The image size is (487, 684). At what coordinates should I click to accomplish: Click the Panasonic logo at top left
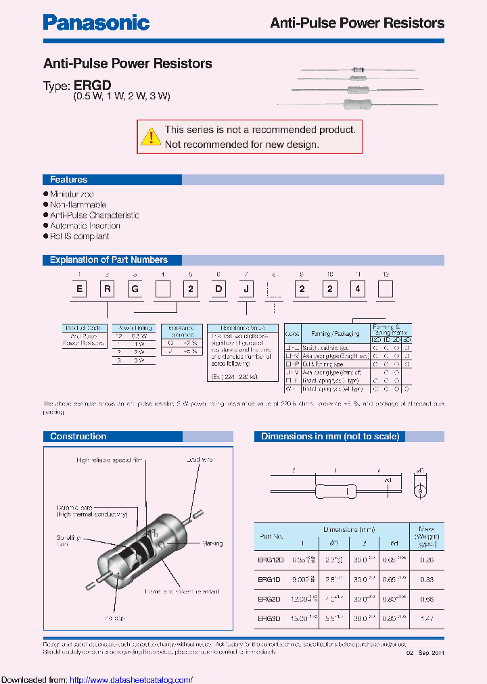(x=96, y=23)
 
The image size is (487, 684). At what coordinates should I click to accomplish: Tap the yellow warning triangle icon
(x=150, y=136)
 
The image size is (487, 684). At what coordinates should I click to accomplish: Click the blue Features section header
(x=69, y=180)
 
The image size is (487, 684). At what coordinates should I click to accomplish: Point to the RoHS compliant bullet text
(x=79, y=237)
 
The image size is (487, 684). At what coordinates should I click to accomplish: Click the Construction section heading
(x=78, y=437)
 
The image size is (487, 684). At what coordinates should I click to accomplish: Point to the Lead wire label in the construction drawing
(x=200, y=460)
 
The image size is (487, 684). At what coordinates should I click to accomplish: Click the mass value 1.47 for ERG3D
(x=427, y=618)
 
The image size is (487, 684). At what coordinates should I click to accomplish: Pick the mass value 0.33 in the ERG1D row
(x=427, y=579)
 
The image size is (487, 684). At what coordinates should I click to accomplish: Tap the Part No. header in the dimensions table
(x=274, y=537)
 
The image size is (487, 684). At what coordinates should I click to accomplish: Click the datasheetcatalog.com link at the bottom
(x=131, y=679)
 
